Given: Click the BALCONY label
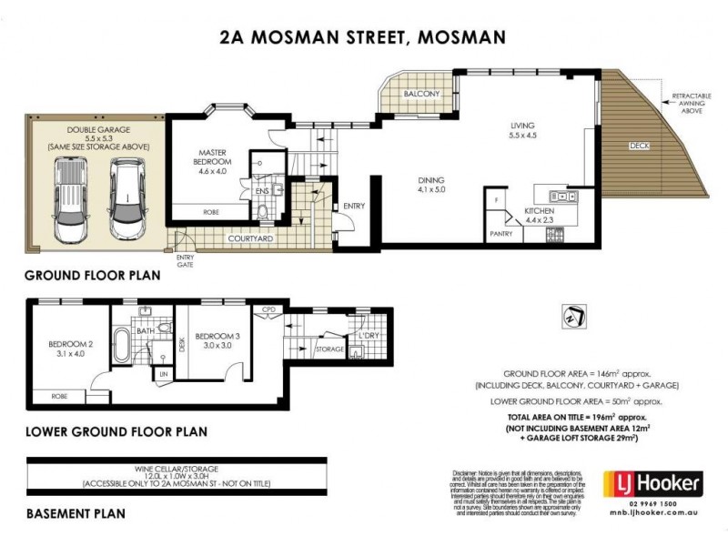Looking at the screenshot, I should (421, 95).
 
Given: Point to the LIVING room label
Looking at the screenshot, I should (521, 130).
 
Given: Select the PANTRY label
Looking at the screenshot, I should (501, 234).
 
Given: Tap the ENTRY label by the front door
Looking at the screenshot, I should (353, 207).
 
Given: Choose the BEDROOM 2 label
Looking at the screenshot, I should (66, 349).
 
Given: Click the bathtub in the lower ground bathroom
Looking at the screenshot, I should (123, 352).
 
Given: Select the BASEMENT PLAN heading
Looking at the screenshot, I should (75, 513).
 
